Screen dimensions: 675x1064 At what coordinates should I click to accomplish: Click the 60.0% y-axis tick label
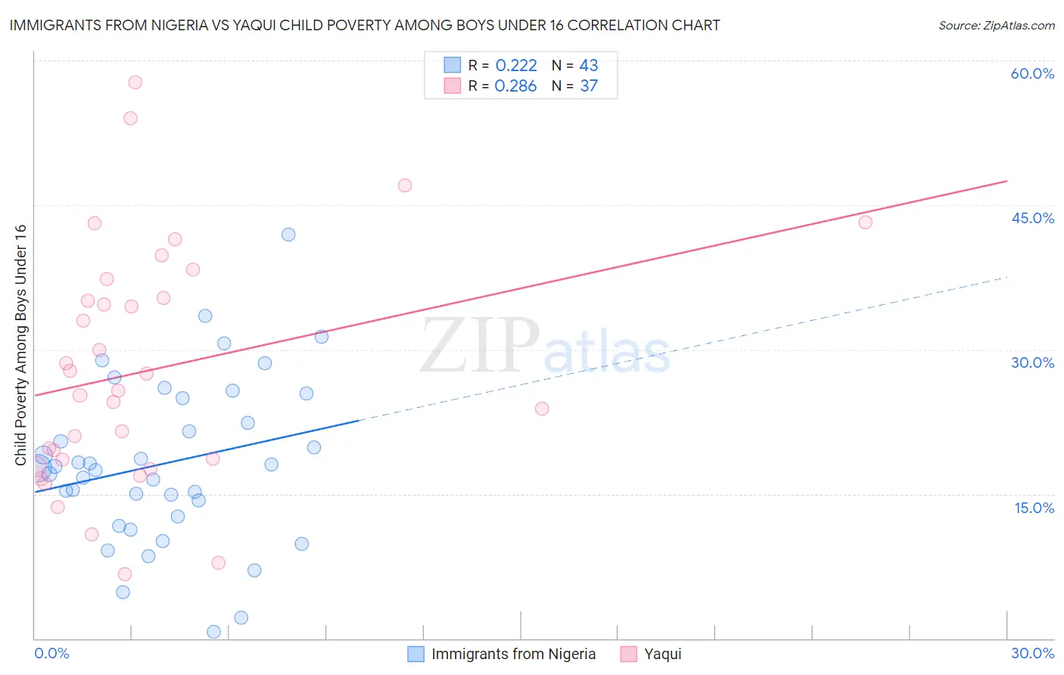[1032, 73]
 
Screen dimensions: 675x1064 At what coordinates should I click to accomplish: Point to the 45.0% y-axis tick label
[1032, 218]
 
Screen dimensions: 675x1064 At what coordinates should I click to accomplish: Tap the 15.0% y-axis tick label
[1034, 508]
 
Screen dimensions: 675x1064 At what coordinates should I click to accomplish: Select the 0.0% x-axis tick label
[51, 653]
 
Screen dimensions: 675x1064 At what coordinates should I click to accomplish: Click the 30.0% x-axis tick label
[1032, 653]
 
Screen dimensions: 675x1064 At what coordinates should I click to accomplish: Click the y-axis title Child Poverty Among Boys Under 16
[20, 345]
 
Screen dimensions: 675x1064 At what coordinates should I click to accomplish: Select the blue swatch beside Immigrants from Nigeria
[415, 654]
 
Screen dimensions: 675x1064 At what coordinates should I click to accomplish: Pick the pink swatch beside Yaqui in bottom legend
[628, 654]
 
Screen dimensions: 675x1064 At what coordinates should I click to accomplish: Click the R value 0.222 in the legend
[515, 65]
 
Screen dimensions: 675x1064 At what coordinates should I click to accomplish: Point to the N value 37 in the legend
[589, 86]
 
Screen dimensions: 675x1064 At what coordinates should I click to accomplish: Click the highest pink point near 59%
[135, 82]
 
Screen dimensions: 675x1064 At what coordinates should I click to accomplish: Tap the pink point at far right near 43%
[865, 222]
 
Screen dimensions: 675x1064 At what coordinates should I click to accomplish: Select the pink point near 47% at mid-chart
[404, 185]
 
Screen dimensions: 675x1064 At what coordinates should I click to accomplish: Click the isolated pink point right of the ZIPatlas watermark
[541, 409]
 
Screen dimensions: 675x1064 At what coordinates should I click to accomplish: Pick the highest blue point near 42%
[288, 235]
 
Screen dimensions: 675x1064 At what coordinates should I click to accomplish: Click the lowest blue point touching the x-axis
[213, 632]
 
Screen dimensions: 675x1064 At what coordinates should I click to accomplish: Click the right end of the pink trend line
[1006, 181]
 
